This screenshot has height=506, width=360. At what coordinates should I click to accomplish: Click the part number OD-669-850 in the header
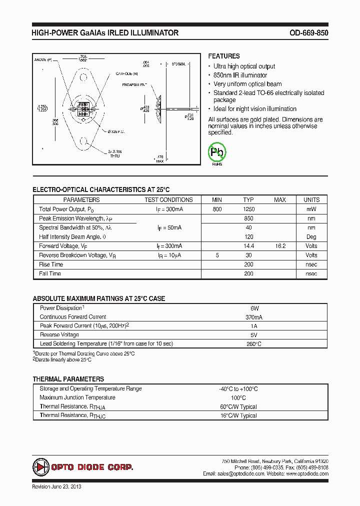click(308, 33)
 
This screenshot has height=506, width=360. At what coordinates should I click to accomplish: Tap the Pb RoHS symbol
click(217, 152)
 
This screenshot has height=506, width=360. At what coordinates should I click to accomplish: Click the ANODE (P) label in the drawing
click(43, 59)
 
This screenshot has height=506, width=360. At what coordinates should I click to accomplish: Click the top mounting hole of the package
click(83, 77)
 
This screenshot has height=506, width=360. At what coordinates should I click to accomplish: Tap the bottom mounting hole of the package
click(83, 145)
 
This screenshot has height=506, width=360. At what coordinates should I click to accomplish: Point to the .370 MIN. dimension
click(178, 64)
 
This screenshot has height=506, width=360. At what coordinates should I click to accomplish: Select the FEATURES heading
click(224, 56)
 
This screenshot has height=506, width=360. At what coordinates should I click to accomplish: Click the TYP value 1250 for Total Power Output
click(248, 209)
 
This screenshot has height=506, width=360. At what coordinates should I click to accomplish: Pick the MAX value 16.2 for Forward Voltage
click(280, 246)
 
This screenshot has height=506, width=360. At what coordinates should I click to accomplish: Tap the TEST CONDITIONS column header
click(168, 200)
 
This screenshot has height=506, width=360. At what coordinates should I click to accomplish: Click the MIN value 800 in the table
click(217, 209)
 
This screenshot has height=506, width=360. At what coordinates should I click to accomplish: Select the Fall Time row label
click(50, 273)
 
